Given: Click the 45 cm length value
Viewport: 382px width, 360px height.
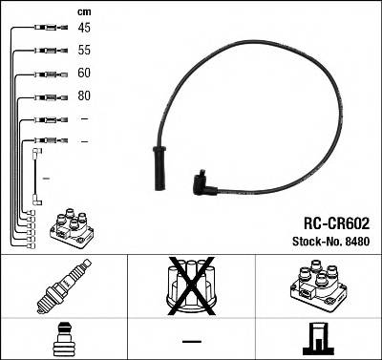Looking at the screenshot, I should click(x=84, y=28).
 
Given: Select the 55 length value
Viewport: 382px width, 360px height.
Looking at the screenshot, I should click(x=84, y=51).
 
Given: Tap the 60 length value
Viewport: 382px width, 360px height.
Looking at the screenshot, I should click(x=84, y=73).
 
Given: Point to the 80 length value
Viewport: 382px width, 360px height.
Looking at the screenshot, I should click(x=84, y=96).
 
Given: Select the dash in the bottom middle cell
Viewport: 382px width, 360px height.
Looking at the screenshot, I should click(x=192, y=341).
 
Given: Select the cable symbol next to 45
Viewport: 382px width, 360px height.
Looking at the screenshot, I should click(x=43, y=29).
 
